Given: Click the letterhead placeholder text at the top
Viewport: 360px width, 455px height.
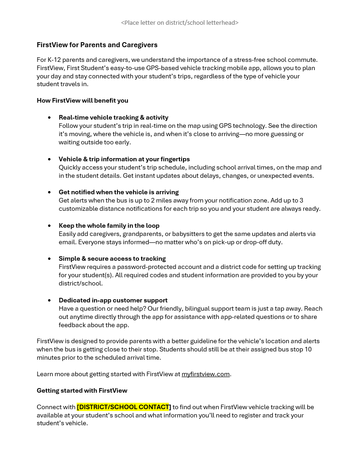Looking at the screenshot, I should point(179,22).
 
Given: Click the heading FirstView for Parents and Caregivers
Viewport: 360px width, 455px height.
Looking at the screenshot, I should point(97,45).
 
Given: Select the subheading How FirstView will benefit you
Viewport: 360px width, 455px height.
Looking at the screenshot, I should point(83,100).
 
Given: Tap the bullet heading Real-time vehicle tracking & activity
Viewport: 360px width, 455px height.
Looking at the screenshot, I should point(113,117).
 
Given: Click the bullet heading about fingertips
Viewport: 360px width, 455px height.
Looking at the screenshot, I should point(124,159).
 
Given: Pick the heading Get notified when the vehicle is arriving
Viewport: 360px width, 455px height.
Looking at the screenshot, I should point(118,192).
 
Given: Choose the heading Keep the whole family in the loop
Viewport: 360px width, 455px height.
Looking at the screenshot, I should point(109,225).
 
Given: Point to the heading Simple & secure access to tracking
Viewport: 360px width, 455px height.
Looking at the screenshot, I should point(112,258).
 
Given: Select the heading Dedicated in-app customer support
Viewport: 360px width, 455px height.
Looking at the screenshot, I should point(113,300).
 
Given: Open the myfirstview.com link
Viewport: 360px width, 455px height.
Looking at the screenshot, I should point(205,374).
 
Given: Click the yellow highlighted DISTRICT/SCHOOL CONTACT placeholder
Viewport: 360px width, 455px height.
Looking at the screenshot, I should point(123,407).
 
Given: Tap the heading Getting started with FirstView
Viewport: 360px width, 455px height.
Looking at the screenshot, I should point(82,390).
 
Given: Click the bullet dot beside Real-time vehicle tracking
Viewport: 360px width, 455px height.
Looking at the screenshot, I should point(50,118).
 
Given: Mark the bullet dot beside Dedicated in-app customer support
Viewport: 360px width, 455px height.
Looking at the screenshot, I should point(50,301).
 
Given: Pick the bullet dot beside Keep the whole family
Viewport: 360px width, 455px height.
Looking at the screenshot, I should point(50,226).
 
